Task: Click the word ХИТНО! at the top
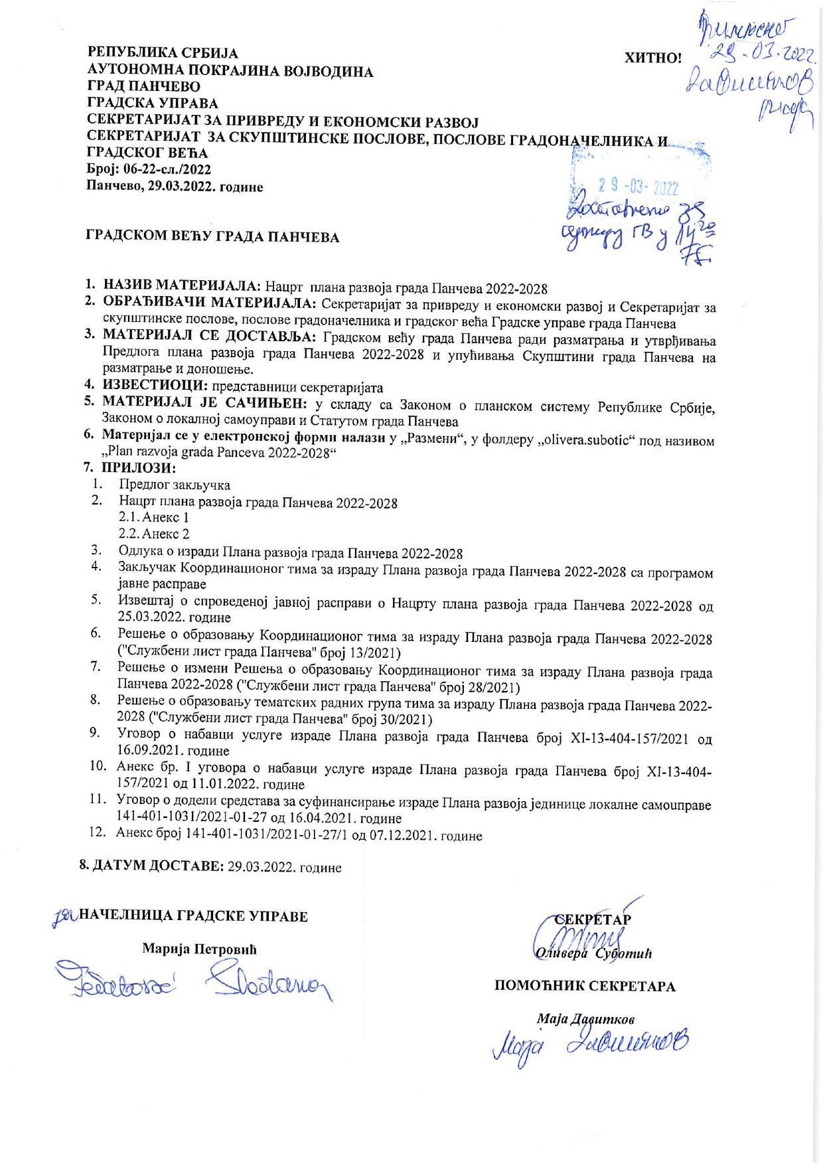(653, 58)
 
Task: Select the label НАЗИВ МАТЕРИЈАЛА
(183, 287)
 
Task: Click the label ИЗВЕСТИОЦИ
(155, 386)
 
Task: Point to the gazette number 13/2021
(367, 653)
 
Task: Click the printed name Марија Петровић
(199, 949)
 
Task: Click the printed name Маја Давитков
(585, 1019)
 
